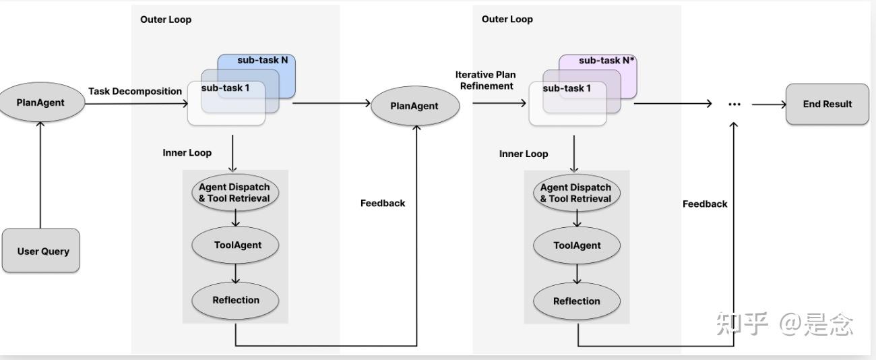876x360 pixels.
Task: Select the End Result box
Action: pos(827,104)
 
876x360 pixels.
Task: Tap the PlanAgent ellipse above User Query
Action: pos(41,102)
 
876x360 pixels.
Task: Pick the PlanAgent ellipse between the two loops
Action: pos(414,105)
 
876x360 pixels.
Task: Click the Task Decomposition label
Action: pos(135,91)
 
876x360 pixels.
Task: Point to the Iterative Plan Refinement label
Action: pos(486,80)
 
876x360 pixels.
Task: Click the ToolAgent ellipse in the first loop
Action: pos(235,245)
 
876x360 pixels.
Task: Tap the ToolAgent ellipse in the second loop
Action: pos(577,245)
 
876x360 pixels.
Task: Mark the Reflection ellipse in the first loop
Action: pos(235,300)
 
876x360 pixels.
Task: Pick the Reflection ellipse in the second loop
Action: pos(577,301)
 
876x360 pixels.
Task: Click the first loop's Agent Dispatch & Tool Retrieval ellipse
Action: pos(234,193)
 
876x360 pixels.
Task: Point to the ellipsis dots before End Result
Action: pos(734,104)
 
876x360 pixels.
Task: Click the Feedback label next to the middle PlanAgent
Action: pos(383,203)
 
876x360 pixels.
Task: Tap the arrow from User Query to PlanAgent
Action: pos(40,175)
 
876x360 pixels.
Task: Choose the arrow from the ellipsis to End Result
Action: pos(768,104)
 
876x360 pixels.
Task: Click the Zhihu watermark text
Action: pos(785,324)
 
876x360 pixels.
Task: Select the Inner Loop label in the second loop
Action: pos(524,154)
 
